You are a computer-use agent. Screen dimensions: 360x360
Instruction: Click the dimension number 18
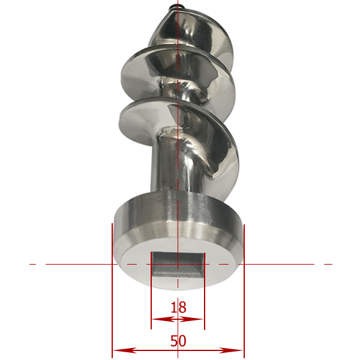pyautogui.click(x=178, y=307)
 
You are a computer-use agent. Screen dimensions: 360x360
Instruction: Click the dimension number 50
pyautogui.click(x=178, y=341)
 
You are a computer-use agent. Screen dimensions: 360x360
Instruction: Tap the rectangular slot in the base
pyautogui.click(x=178, y=265)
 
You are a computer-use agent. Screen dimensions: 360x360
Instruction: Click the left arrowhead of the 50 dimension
pyautogui.click(x=125, y=350)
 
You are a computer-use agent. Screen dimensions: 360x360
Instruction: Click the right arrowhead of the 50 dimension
pyautogui.click(x=231, y=350)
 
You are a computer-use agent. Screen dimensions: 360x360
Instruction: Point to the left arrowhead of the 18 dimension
pyautogui.click(x=163, y=319)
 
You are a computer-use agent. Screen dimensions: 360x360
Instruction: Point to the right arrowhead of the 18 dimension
pyautogui.click(x=191, y=319)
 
